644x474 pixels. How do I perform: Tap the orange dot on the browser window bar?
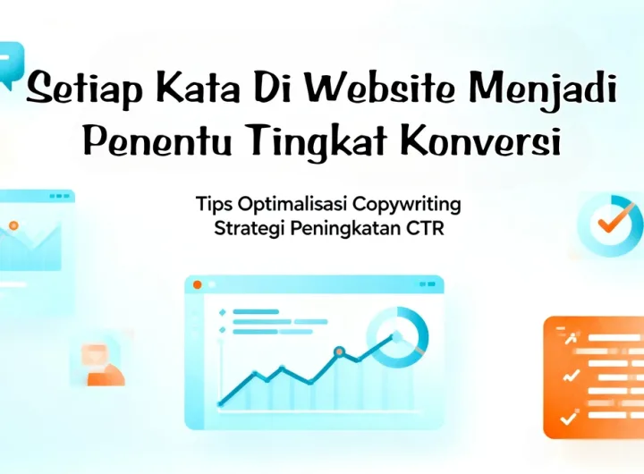click(x=198, y=285)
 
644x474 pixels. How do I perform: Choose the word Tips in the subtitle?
click(x=211, y=204)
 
